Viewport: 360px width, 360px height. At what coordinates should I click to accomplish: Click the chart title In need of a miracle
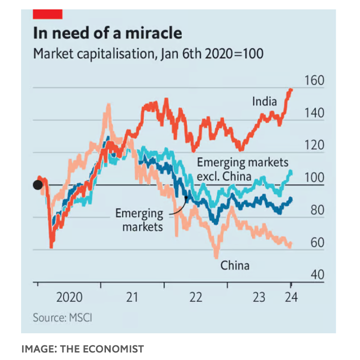click(x=107, y=34)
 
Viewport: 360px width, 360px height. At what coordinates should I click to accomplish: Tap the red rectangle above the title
click(x=47, y=14)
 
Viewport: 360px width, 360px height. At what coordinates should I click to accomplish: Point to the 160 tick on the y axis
click(x=314, y=81)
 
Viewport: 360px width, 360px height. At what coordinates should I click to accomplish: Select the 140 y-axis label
click(x=314, y=113)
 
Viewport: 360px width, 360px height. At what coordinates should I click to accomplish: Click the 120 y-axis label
click(x=314, y=145)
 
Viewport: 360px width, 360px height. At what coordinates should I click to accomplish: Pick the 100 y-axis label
click(x=314, y=178)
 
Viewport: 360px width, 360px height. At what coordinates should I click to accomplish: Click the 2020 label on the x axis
click(x=69, y=298)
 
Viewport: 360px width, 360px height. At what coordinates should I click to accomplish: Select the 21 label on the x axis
click(x=132, y=298)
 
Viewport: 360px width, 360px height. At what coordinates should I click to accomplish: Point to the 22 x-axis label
click(x=195, y=298)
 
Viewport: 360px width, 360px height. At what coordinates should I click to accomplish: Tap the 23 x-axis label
click(x=259, y=298)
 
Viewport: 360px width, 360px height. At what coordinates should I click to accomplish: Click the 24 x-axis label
click(x=291, y=298)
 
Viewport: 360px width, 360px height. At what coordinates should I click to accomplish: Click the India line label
click(x=264, y=101)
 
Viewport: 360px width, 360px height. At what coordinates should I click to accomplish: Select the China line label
click(x=235, y=266)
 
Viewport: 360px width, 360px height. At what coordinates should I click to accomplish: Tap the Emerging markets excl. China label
click(x=242, y=169)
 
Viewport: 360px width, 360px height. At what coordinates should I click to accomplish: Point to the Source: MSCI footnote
click(x=62, y=318)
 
